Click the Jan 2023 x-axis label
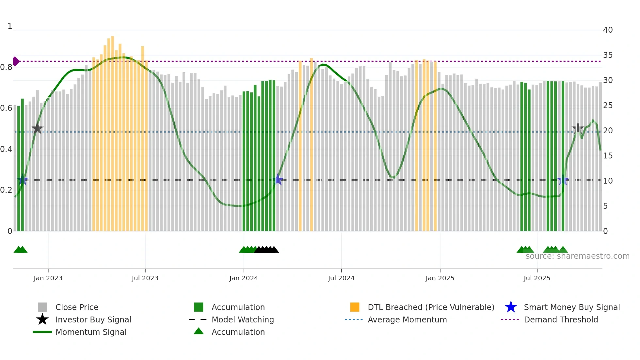coord(48,278)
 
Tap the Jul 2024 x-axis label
coord(341,278)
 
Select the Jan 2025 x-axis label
coord(440,278)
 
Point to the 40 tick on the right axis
coord(608,30)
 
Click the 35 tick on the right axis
coord(608,55)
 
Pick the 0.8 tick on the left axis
coord(6,67)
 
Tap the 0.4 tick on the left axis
coord(6,149)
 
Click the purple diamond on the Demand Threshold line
coord(16,61)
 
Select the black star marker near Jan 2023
coord(38,128)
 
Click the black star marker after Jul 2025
coord(578,128)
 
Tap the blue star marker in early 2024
coord(278,179)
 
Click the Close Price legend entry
coord(77,307)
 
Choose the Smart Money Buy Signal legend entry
coord(571,307)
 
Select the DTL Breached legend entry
coord(431,307)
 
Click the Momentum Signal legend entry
coord(91,332)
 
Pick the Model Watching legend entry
coord(243,319)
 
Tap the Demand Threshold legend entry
coord(561,319)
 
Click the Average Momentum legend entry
coord(407,319)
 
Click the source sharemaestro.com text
coord(577,256)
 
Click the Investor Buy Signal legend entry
coord(93,319)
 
